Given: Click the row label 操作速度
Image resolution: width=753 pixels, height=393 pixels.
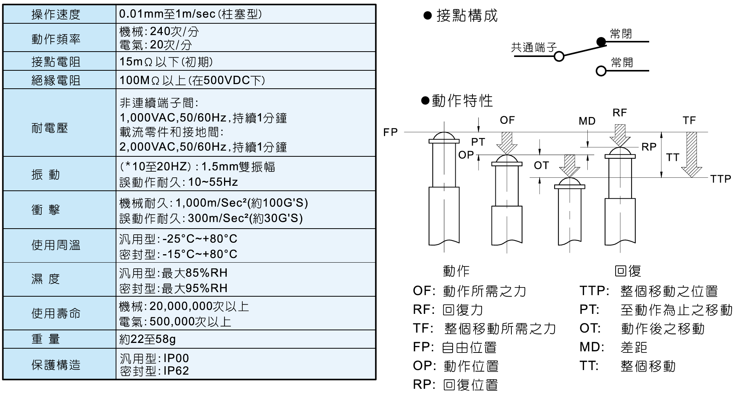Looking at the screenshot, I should tap(56, 15).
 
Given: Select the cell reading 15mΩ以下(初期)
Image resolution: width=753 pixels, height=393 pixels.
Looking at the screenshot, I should tap(166, 62).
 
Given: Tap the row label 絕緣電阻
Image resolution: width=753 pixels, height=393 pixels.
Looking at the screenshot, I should tap(56, 80).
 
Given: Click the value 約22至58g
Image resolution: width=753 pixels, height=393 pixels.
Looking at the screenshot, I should tap(147, 339).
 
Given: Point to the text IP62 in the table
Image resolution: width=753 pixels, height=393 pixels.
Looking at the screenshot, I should tap(176, 371).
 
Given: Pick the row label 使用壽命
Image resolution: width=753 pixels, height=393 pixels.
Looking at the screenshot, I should tap(56, 313).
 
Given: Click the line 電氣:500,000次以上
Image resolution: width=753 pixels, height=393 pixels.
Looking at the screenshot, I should tap(175, 322).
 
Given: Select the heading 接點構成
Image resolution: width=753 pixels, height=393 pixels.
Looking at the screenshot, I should tap(466, 16).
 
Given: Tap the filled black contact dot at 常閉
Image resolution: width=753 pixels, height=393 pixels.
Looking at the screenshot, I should tap(601, 42).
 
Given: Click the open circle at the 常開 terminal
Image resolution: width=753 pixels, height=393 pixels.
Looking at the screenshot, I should tap(601, 71).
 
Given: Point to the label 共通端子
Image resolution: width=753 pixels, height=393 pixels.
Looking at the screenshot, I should tap(534, 47).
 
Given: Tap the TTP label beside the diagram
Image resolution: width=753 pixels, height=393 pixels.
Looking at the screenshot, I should tap(721, 179).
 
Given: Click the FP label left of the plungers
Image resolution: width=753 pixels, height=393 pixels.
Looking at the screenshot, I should tap(390, 132).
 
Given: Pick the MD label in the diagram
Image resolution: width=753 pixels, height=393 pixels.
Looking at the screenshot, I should tap(587, 121).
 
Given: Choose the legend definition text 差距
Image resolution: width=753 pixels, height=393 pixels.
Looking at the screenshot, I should tap(634, 347).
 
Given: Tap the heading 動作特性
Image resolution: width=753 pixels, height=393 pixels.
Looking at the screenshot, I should tap(462, 101).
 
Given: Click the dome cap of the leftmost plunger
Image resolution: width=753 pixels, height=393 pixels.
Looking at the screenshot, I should tap(444, 136).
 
